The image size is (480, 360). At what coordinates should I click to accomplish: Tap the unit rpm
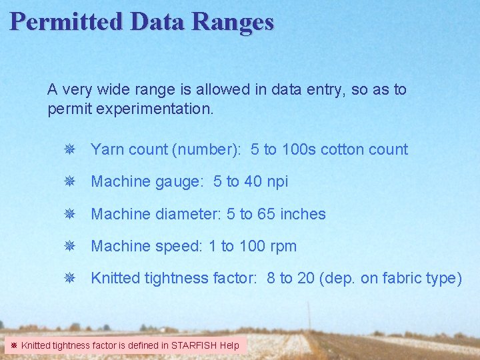(x=283, y=246)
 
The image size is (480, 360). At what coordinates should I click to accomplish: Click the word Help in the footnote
(x=229, y=345)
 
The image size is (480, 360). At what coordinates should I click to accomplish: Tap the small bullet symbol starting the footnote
(x=13, y=345)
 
